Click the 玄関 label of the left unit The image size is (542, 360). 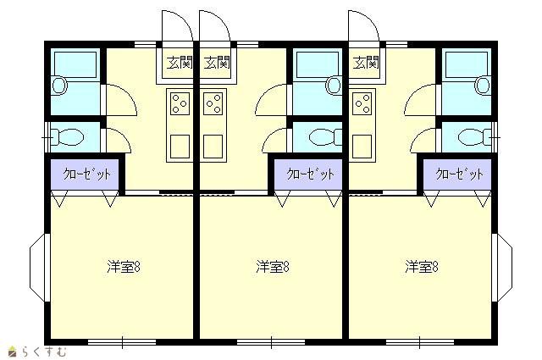click(180, 63)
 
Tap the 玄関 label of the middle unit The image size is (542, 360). click(217, 63)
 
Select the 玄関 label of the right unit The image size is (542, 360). click(366, 63)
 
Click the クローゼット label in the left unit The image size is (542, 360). click(86, 174)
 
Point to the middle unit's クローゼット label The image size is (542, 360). click(311, 174)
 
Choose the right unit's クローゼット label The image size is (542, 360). click(459, 174)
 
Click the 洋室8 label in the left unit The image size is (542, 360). click(124, 267)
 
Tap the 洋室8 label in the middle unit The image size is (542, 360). click(273, 267)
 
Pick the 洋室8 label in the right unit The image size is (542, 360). click(422, 267)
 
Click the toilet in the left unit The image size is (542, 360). click(67, 137)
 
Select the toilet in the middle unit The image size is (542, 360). click(325, 137)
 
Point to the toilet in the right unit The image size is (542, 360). click(474, 137)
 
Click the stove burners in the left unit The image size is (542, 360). click(180, 103)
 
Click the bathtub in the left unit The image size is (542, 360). click(75, 64)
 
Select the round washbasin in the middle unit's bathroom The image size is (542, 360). click(334, 86)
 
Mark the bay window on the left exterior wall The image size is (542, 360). click(38, 268)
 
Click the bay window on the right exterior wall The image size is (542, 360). click(502, 268)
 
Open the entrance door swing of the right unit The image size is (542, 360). click(363, 26)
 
